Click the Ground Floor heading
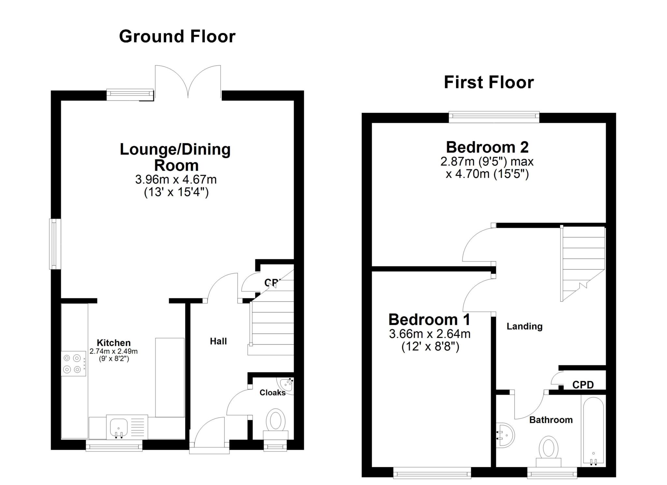pos(177,36)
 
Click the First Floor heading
pos(489,82)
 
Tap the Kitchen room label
pos(114,343)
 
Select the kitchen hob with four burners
pos(73,364)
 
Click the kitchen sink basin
pos(118,426)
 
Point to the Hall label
pos(218,341)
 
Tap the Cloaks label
pos(272,393)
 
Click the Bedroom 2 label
pos(487,147)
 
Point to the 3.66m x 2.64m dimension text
pos(430,334)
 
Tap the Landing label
pos(524,326)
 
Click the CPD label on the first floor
pos(583,385)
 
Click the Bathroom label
pos(551,420)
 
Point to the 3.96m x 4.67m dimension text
pos(176,179)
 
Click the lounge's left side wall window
pos(55,244)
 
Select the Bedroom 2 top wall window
pos(494,117)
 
